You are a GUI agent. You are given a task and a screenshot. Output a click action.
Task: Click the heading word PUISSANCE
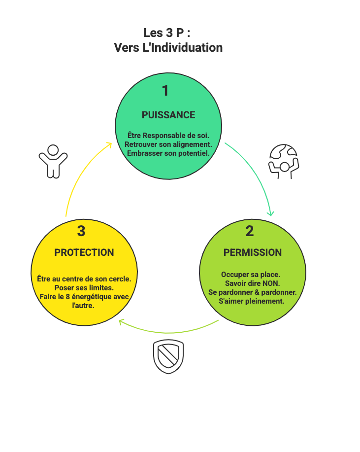(168, 115)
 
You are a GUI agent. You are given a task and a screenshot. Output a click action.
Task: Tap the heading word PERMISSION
(253, 252)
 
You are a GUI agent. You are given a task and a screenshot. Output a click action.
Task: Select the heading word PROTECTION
(84, 252)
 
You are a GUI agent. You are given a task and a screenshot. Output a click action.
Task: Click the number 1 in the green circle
(165, 91)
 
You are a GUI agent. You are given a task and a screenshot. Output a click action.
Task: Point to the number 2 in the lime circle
(250, 231)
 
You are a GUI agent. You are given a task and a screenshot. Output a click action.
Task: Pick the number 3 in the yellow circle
(81, 231)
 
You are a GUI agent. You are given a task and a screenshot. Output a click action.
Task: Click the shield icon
(168, 356)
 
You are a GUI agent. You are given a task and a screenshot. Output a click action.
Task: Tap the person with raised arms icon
(53, 161)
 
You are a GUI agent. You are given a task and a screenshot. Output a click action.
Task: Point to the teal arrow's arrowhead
(270, 213)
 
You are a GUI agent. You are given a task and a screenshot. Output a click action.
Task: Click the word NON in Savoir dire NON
(271, 283)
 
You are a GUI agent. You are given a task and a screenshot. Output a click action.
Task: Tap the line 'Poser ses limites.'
(84, 287)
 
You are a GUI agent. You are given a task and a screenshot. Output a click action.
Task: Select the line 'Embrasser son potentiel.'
(168, 153)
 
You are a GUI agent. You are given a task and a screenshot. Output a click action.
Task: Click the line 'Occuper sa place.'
(251, 275)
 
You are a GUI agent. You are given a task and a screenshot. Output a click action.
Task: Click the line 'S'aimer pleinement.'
(252, 301)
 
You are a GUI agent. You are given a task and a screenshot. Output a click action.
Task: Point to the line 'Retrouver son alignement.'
(168, 144)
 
